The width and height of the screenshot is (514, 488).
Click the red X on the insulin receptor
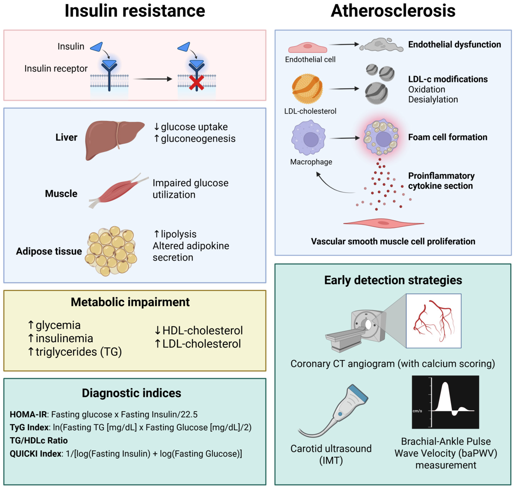(196, 83)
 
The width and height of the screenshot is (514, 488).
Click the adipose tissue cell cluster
(111, 251)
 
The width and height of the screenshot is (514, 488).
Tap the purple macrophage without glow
(308, 138)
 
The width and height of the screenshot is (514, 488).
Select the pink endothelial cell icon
(307, 48)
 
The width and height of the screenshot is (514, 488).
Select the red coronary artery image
(433, 320)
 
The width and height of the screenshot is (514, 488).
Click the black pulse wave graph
(445, 402)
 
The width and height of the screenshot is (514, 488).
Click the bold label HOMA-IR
(28, 414)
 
